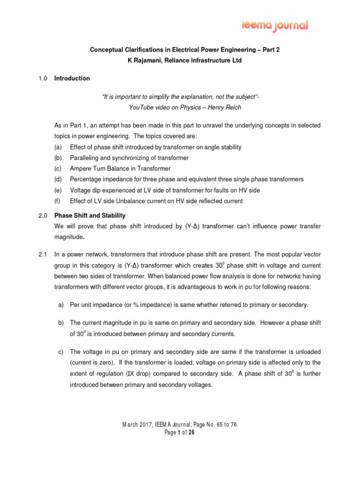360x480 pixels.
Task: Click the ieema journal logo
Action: pos(275,25)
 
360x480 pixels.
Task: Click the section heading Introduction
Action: pos(72,78)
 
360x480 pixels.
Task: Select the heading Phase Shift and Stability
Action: pos(90,216)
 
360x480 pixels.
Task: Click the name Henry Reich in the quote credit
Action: pos(226,107)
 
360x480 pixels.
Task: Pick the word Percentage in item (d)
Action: pos(85,180)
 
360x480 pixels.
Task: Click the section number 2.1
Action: pos(43,255)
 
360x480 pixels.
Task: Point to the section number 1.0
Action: pos(43,78)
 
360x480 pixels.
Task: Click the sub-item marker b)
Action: pos(60,323)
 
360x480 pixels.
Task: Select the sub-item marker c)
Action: pos(60,352)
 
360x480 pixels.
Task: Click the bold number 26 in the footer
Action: pos(191,433)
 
